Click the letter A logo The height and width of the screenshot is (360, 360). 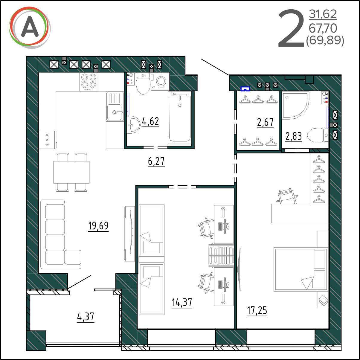pyautogui.click(x=30, y=28)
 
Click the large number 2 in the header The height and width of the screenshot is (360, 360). pyautogui.click(x=291, y=28)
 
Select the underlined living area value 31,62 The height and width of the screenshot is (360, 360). pyautogui.click(x=323, y=14)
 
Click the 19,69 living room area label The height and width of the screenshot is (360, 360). pyautogui.click(x=98, y=226)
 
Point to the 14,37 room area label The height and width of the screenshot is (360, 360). pyautogui.click(x=182, y=302)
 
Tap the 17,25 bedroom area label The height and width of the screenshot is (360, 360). pyautogui.click(x=257, y=310)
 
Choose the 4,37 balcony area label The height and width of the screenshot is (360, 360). pyautogui.click(x=86, y=317)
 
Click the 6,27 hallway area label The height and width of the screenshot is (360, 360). pyautogui.click(x=156, y=161)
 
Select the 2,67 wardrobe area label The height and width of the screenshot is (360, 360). pyautogui.click(x=265, y=122)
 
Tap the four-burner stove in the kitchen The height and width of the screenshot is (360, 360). pyautogui.click(x=89, y=82)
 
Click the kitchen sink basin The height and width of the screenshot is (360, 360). pyautogui.click(x=114, y=112)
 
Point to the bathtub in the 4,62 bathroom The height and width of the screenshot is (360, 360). pyautogui.click(x=179, y=118)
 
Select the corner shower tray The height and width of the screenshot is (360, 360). pyautogui.click(x=295, y=105)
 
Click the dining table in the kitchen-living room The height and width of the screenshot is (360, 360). pyautogui.click(x=71, y=172)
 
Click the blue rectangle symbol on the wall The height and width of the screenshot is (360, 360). pyautogui.click(x=245, y=89)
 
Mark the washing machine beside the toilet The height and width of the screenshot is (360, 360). pyautogui.click(x=160, y=81)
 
